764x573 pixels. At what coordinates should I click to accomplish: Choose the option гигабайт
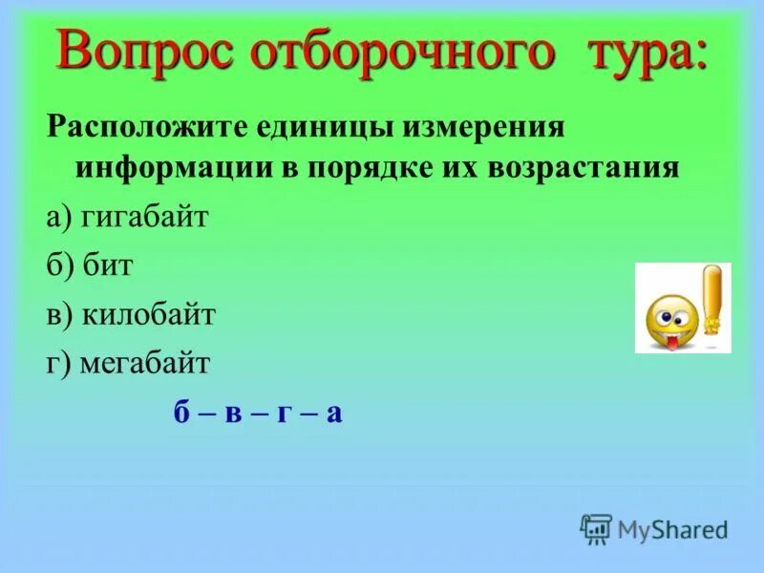click(x=143, y=217)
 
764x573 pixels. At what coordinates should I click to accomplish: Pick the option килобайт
click(x=148, y=314)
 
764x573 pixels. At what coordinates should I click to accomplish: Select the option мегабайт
click(x=144, y=364)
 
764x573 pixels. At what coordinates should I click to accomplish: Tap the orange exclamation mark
click(x=711, y=299)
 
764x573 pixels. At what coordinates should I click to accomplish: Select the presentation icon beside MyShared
click(x=596, y=528)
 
